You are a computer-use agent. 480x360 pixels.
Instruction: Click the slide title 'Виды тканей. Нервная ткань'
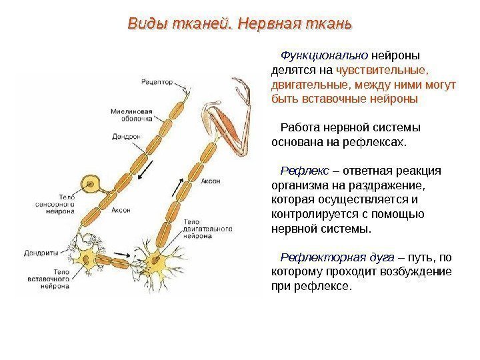point(239,25)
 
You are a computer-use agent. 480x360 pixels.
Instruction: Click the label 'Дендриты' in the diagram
point(42,253)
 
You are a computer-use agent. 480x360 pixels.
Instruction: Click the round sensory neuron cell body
point(88,183)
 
